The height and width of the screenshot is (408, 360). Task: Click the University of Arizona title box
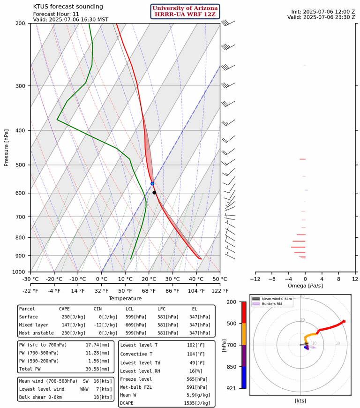(x=185, y=12)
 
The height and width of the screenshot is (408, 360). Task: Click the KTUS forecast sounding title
(x=68, y=7)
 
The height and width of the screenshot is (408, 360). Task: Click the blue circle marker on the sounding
(x=152, y=183)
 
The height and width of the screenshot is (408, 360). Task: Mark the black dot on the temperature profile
(x=154, y=193)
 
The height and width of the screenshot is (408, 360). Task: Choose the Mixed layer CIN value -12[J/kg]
(x=97, y=325)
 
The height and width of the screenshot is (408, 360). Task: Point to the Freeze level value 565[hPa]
(x=200, y=379)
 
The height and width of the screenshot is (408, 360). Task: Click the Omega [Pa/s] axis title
(x=306, y=286)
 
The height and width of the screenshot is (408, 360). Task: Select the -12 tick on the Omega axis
(x=255, y=280)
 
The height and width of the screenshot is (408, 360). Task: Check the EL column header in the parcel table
(x=195, y=309)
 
